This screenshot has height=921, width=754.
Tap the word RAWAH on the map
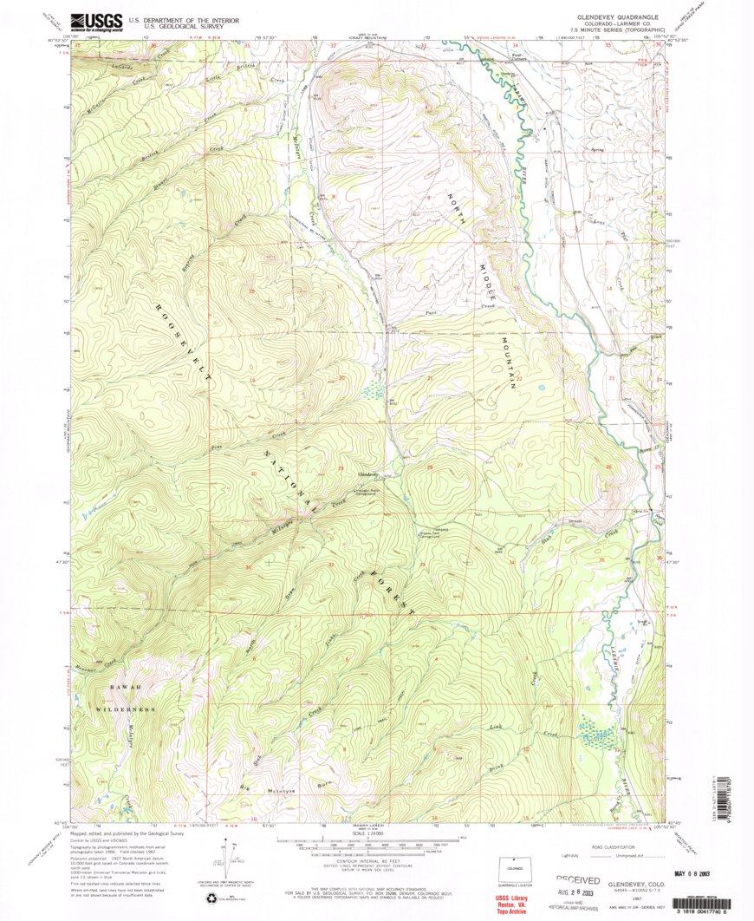click(x=123, y=689)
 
